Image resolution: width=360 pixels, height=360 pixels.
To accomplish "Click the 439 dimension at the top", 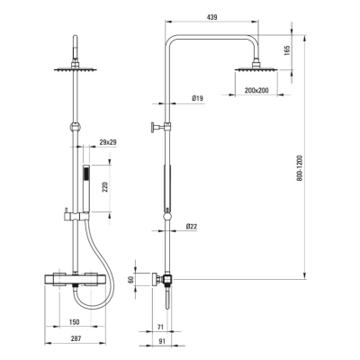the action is click(211, 17).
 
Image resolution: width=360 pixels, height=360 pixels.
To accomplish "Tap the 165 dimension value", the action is click(287, 50).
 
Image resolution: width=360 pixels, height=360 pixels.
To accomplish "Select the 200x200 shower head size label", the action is click(256, 90).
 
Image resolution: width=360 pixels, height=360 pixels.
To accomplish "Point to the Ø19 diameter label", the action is click(197, 98).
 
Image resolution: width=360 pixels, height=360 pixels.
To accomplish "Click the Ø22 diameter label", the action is click(192, 227).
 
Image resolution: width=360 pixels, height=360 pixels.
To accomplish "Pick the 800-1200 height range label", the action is click(300, 168).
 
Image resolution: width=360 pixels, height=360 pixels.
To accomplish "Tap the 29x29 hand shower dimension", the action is click(108, 142).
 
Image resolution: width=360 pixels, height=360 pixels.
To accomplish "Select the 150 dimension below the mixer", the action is click(74, 322).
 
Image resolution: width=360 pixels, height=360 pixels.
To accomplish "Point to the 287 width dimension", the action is click(76, 338).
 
